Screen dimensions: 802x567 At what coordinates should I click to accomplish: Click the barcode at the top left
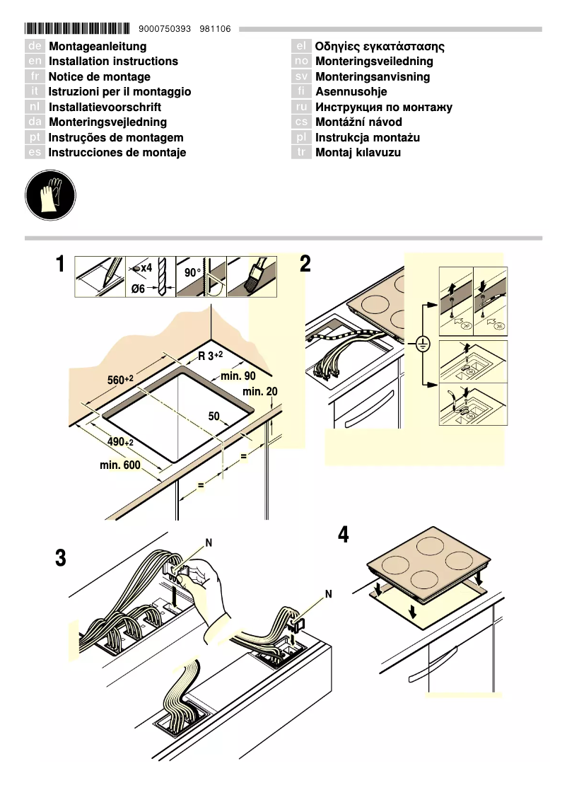(x=77, y=29)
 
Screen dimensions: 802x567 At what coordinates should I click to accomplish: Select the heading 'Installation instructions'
(x=113, y=62)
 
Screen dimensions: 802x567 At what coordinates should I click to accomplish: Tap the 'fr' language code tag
(x=35, y=76)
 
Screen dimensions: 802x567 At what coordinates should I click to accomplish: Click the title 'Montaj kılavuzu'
(x=358, y=152)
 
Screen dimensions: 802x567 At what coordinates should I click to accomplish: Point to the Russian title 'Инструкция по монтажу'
(x=384, y=107)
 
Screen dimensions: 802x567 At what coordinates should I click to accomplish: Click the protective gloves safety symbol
(x=49, y=197)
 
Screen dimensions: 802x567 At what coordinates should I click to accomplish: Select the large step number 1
(x=62, y=266)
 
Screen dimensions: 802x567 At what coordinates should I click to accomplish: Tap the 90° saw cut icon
(x=201, y=277)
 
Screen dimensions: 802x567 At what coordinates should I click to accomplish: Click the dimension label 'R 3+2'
(x=210, y=356)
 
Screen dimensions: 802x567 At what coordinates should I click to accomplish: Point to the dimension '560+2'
(x=120, y=380)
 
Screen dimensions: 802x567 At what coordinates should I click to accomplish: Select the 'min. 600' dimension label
(x=119, y=465)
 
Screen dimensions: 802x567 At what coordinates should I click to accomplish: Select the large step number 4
(x=343, y=535)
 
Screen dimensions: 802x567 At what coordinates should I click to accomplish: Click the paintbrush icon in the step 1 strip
(x=252, y=277)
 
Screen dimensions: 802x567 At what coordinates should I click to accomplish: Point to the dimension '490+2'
(x=120, y=442)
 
